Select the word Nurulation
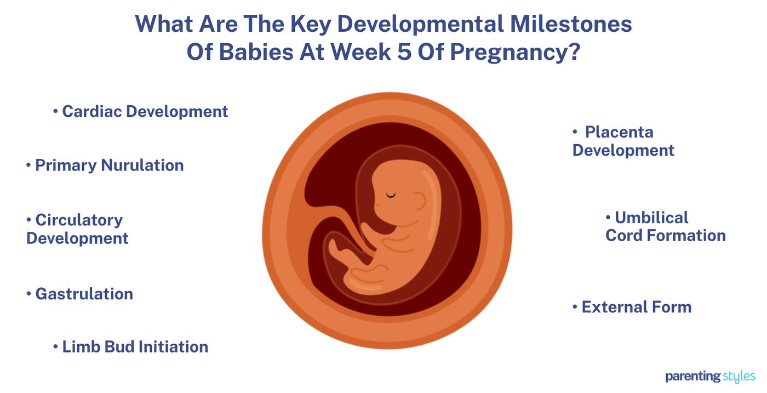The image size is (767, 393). coord(142,166)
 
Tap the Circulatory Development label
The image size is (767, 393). coord(77,229)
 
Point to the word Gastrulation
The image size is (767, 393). coord(84,294)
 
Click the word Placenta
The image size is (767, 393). coord(619,132)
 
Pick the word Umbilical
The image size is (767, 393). coord(651,218)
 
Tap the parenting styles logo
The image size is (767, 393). coord(710,377)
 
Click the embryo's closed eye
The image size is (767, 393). coord(391,194)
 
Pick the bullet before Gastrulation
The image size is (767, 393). coord(28,294)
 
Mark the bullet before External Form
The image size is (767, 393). coord(575,307)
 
